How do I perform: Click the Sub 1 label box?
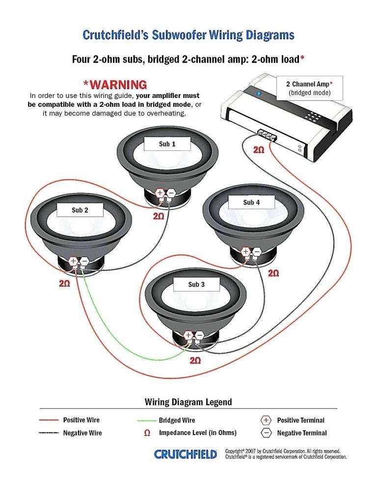167,144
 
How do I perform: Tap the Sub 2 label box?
80,210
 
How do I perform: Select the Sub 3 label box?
196,285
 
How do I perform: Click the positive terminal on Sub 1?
160,194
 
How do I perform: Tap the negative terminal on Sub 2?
84,262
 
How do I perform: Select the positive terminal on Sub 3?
188,336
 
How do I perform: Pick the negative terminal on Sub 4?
257,252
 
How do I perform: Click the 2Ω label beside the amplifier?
259,150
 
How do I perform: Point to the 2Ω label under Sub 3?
195,361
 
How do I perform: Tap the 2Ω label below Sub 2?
65,283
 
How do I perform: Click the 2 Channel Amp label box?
310,88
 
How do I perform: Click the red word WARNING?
115,85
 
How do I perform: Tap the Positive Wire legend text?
81,420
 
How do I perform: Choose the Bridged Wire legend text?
177,420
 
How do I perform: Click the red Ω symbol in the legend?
147,433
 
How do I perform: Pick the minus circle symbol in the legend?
266,433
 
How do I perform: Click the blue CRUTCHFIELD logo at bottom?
186,454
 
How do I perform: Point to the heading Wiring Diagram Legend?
188,402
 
